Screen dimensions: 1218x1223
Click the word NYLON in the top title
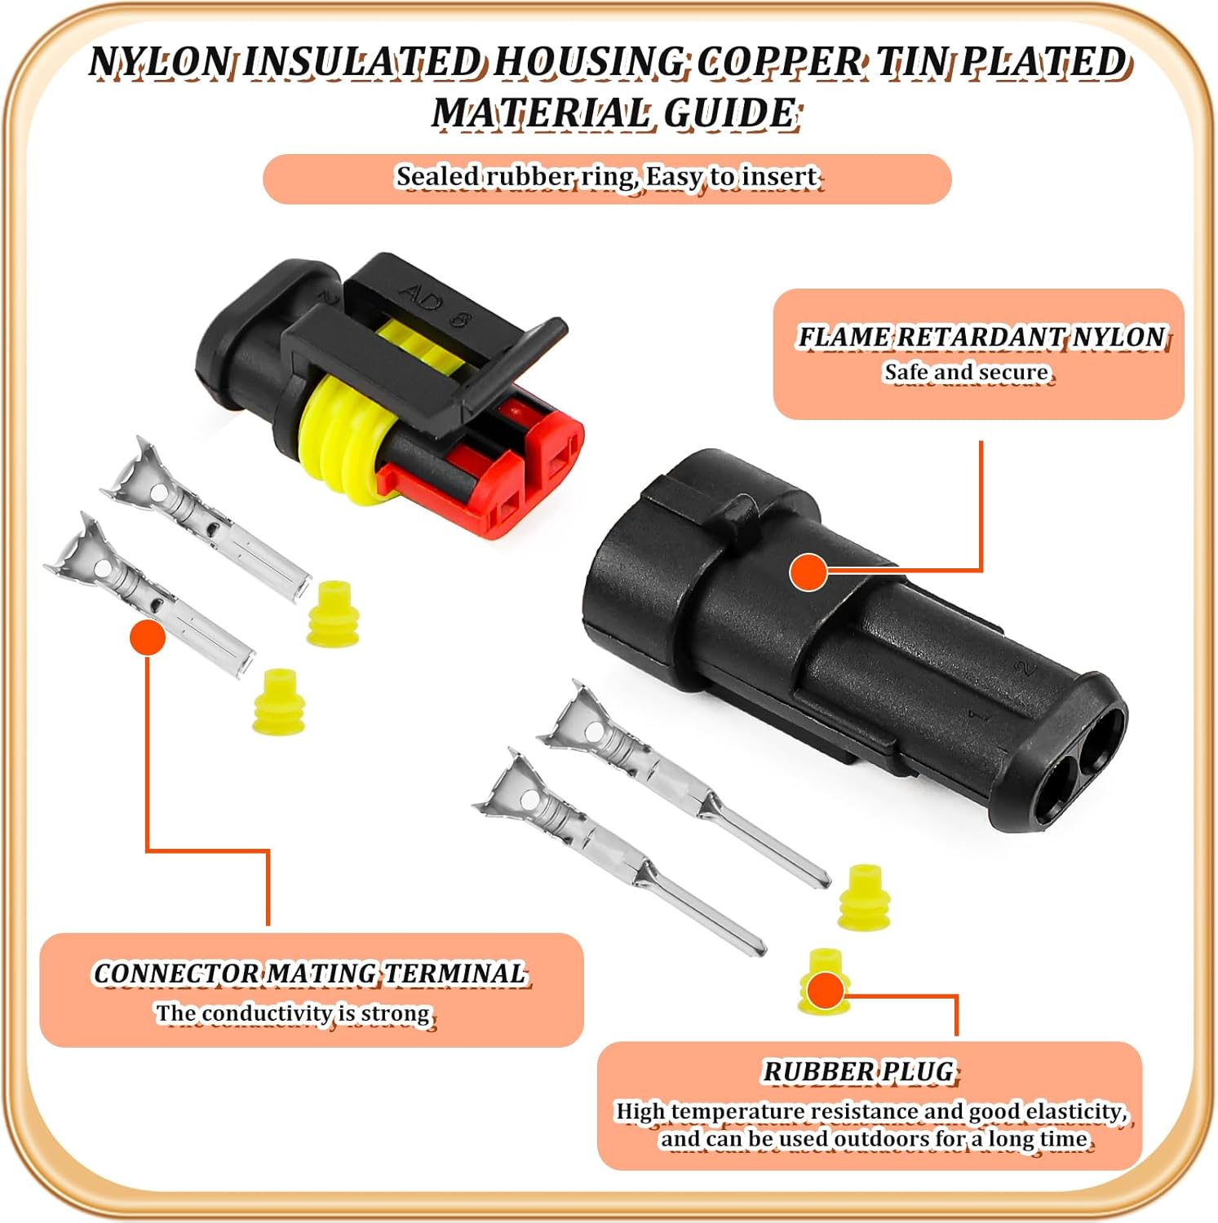[160, 62]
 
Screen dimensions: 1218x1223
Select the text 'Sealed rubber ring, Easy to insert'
[608, 177]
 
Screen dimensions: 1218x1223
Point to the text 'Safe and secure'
[967, 373]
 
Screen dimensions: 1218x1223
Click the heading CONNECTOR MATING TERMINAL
[310, 974]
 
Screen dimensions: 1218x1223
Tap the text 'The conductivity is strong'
[294, 1013]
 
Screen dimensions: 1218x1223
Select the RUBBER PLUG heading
[858, 1071]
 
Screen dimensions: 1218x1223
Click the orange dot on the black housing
[808, 572]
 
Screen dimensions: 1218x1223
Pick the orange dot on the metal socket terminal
[148, 637]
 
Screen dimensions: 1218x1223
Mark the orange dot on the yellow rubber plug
[826, 991]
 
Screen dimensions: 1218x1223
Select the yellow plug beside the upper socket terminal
[333, 613]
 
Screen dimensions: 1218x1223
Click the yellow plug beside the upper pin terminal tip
[864, 897]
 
